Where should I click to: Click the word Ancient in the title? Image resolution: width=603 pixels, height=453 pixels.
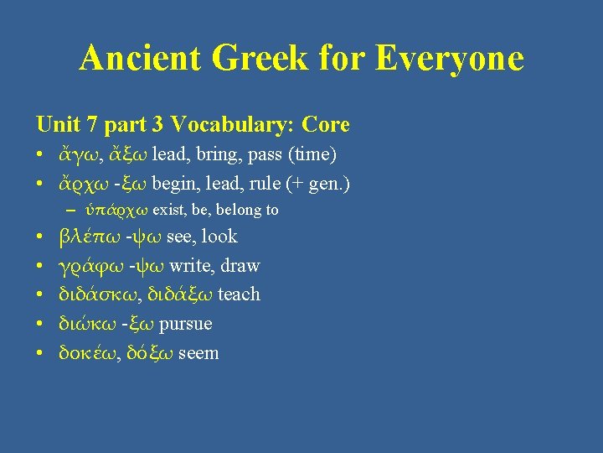[x=140, y=59]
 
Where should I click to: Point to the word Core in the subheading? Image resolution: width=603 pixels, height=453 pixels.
[x=326, y=125]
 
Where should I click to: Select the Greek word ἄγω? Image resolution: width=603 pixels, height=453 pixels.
[x=75, y=156]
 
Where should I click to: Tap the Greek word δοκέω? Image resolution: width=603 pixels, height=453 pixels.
[x=85, y=352]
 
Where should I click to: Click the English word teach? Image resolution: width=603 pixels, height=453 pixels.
[x=239, y=294]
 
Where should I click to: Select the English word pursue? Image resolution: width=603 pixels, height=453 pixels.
[x=185, y=324]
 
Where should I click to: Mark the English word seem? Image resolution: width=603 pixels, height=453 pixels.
[x=198, y=352]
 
